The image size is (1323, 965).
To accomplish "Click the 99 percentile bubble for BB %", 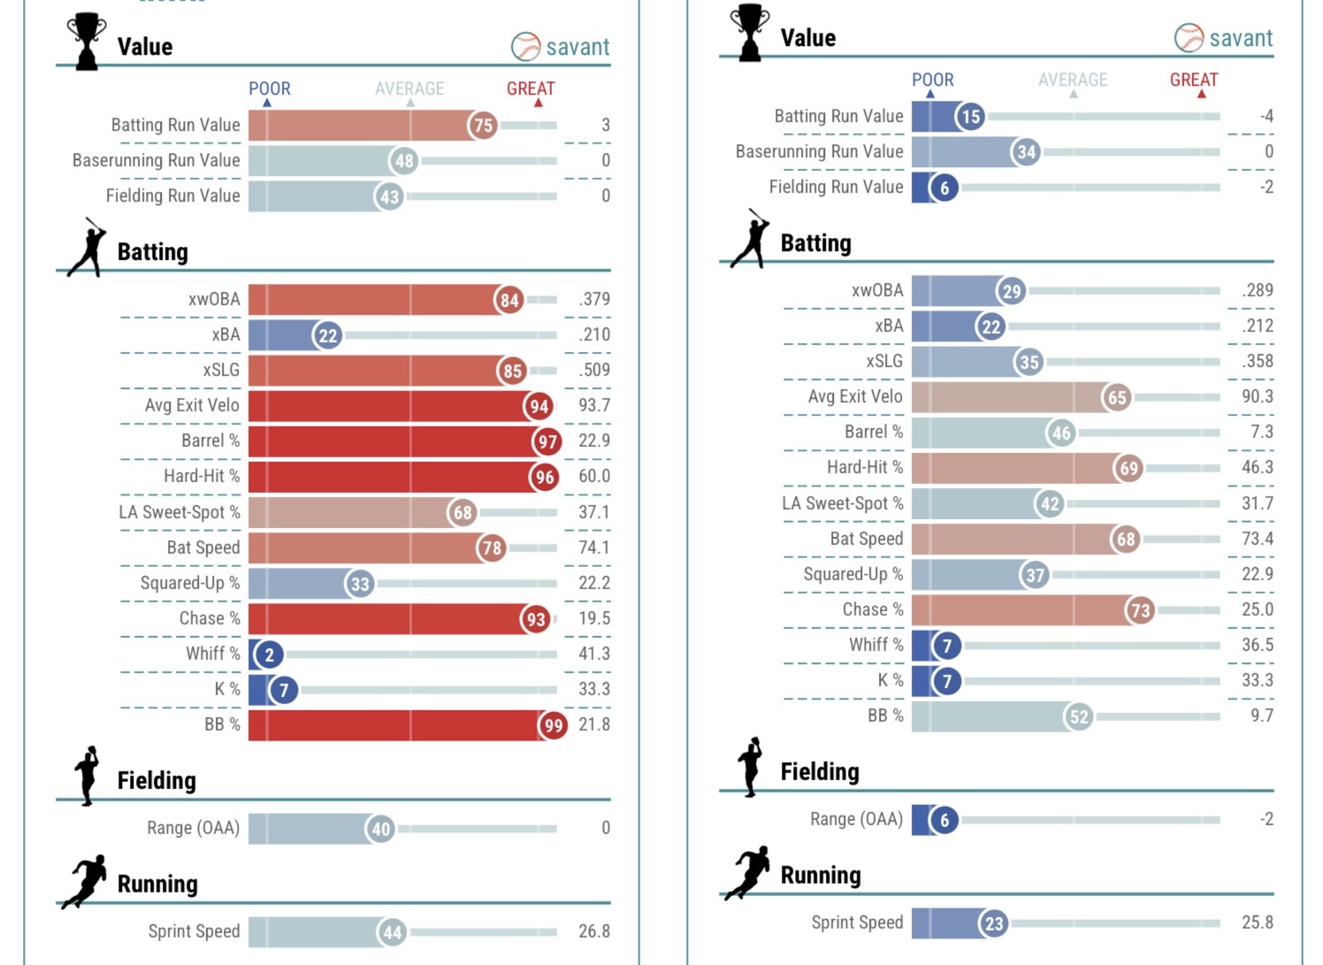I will (x=553, y=725).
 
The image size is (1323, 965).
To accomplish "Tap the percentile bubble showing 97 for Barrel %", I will (x=547, y=441).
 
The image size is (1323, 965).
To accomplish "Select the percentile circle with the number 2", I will (x=269, y=655).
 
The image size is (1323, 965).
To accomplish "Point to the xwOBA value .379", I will (x=594, y=299).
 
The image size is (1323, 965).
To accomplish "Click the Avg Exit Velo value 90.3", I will (x=1257, y=396).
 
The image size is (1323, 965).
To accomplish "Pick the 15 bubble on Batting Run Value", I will (x=970, y=117).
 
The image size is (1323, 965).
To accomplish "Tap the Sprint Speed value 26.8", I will (x=594, y=931).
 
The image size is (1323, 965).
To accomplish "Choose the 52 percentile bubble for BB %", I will (x=1078, y=716).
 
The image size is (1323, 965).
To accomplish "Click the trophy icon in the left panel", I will (x=87, y=41).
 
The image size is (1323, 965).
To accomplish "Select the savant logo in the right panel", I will (x=1224, y=38).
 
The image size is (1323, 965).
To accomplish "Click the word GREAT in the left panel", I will (x=531, y=88).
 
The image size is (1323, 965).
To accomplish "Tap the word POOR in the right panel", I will (x=932, y=80).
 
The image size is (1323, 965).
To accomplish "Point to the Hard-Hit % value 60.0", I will (x=594, y=476).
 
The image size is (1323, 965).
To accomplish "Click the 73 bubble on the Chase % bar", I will (x=1140, y=610).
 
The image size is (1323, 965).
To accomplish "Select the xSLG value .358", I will (x=1257, y=361).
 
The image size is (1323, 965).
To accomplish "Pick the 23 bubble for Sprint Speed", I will (x=994, y=923).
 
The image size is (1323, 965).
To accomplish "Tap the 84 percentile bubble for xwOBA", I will (x=509, y=301).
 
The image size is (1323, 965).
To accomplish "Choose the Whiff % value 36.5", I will (x=1257, y=645).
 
